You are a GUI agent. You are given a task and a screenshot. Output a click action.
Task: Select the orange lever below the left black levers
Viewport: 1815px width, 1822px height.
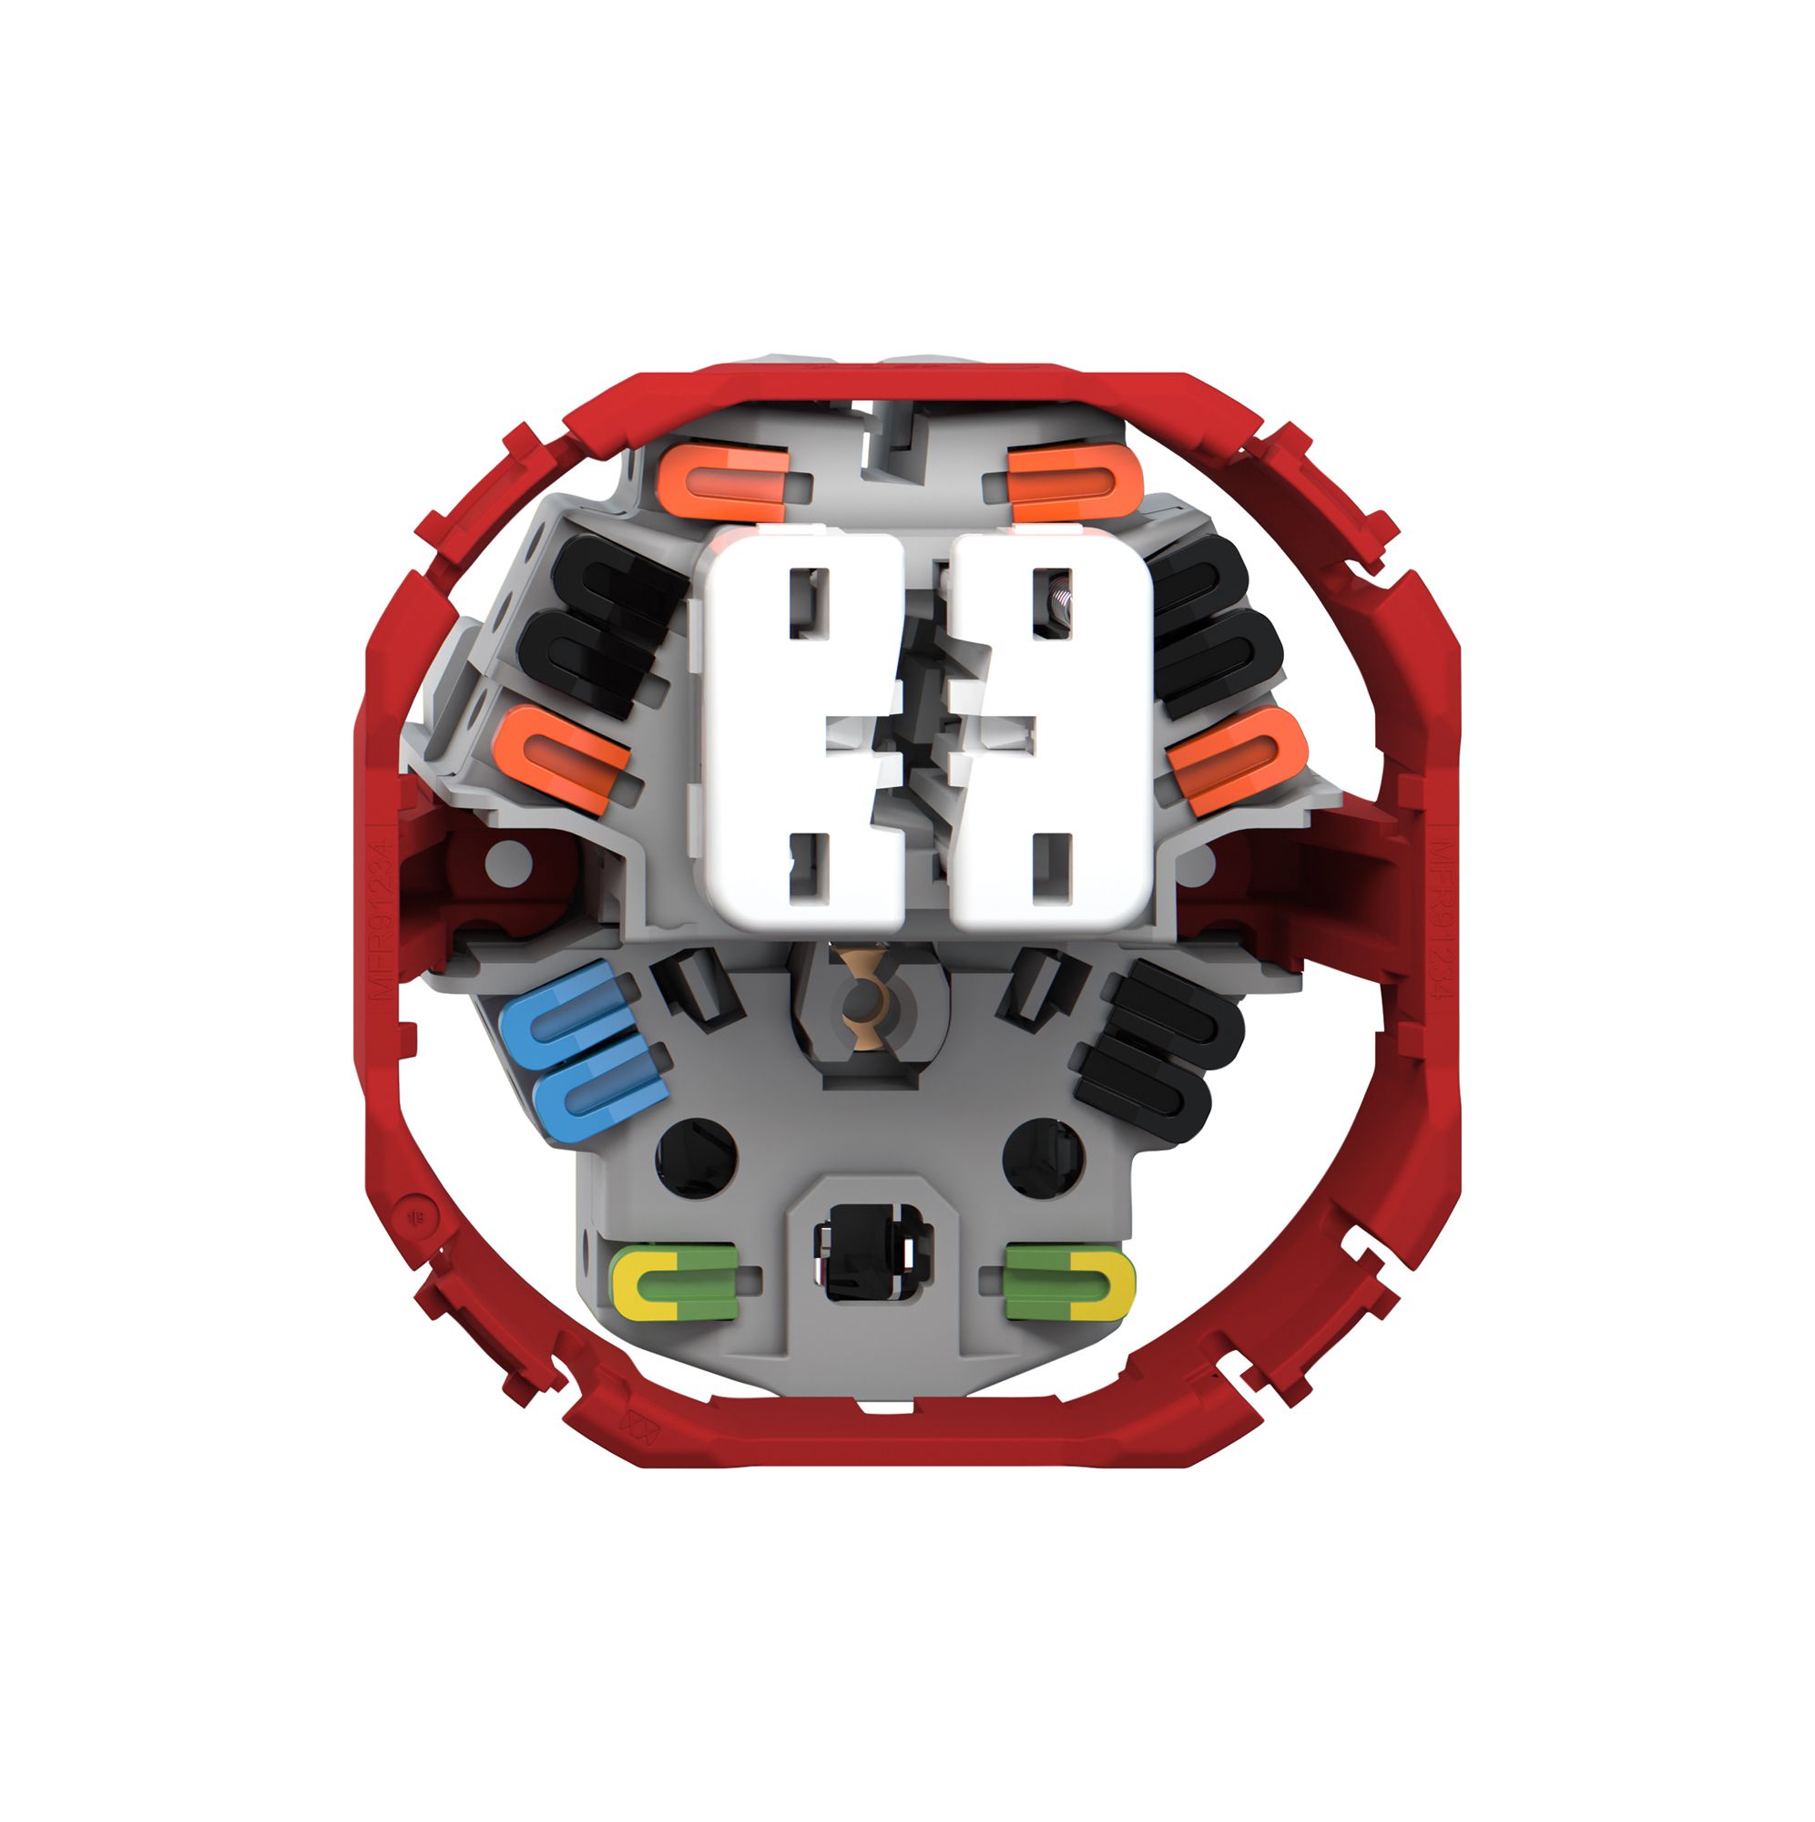click(x=562, y=760)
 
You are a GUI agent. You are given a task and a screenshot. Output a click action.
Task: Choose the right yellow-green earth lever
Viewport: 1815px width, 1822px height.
click(x=1069, y=1282)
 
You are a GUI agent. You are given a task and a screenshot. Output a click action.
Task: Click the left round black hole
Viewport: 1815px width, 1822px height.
click(x=696, y=1157)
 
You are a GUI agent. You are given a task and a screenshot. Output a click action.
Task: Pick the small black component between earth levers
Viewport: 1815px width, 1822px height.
click(x=872, y=1254)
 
